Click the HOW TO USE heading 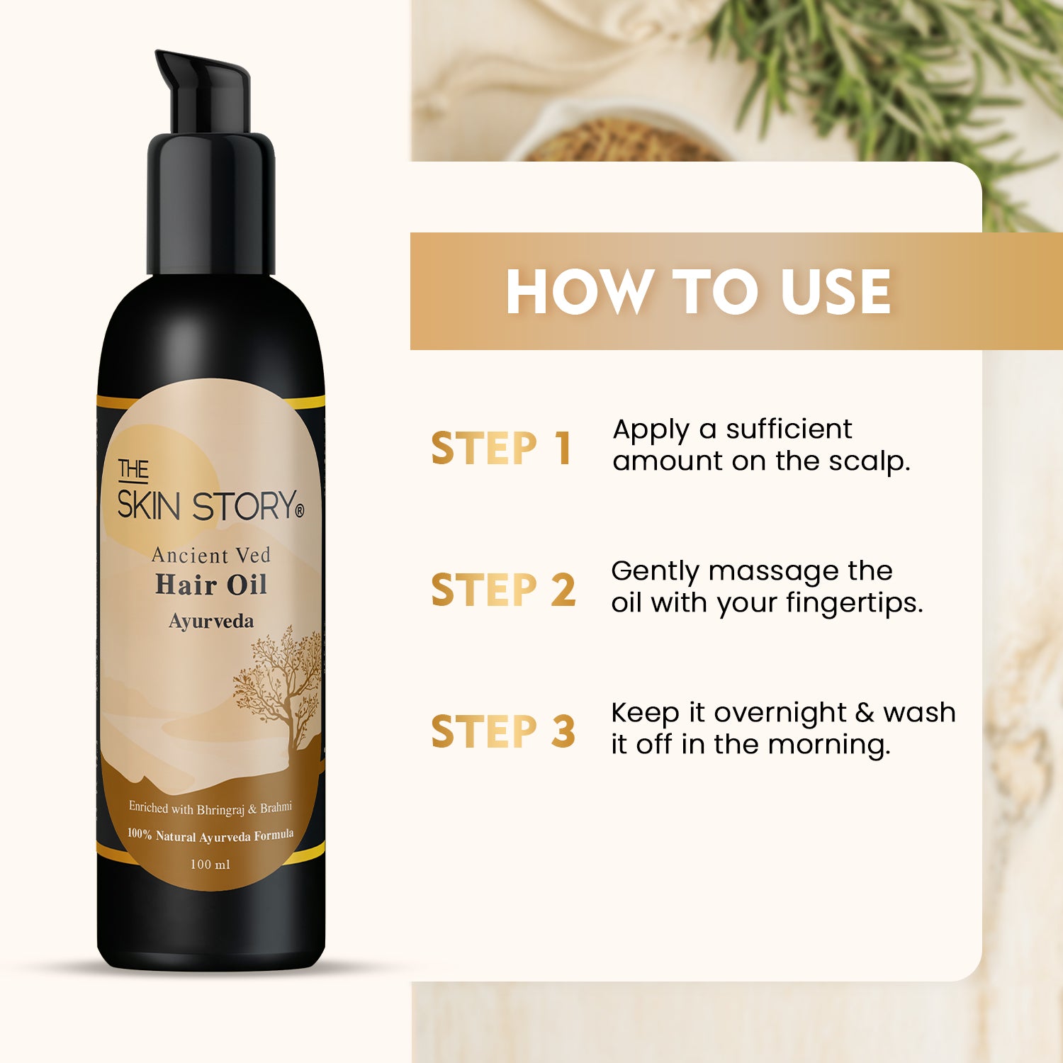click(x=698, y=291)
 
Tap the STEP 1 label click(x=501, y=448)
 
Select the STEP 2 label click(x=503, y=590)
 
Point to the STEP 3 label click(x=503, y=731)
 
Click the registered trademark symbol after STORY click(x=299, y=510)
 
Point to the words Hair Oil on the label click(x=211, y=585)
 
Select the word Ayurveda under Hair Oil click(x=211, y=622)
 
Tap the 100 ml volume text click(x=210, y=865)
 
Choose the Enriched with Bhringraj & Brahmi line click(x=210, y=809)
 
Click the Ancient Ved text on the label click(x=211, y=555)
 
